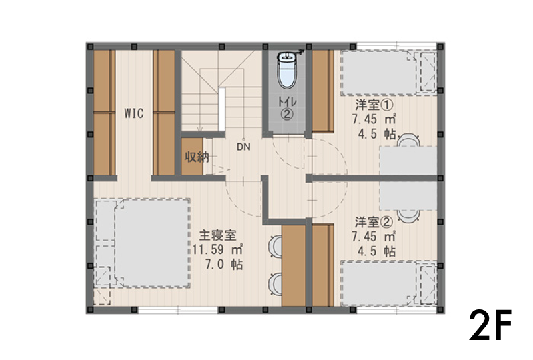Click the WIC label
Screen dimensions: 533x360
(134, 113)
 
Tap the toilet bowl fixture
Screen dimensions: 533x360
(287, 71)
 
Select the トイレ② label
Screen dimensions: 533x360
(287, 108)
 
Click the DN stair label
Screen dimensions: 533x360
(243, 147)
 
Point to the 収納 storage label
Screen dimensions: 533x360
(197, 157)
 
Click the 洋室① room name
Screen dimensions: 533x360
(374, 105)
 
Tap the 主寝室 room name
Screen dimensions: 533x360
(218, 235)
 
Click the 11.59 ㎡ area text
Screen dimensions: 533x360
(218, 249)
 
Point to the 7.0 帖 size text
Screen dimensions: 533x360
(224, 264)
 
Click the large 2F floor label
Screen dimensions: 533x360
(490, 325)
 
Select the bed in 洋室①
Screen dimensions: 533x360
(389, 73)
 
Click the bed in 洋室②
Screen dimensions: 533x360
(389, 283)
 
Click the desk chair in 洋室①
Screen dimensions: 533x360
(408, 140)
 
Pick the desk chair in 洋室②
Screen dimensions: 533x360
(408, 216)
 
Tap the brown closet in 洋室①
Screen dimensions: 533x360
(323, 91)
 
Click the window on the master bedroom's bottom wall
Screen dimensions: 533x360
(178, 309)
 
